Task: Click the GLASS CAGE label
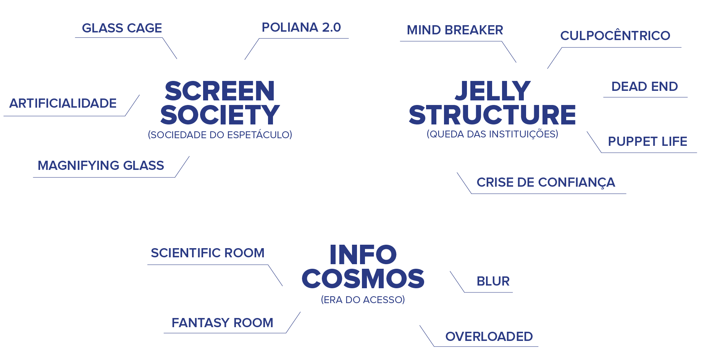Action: coord(122,28)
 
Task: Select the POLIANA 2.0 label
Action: coord(301,27)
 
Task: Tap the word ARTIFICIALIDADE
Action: coord(63,103)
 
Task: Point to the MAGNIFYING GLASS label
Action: coord(101,166)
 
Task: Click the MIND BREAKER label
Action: coord(455,30)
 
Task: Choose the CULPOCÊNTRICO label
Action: coord(615,36)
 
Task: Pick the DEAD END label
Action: coord(644,87)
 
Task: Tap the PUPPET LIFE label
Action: coord(647,142)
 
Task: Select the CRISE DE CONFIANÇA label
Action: coord(546,182)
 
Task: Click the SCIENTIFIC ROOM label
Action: coord(207,253)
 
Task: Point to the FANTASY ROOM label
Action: coord(222,323)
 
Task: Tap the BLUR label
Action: coord(493,281)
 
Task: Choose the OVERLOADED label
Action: coord(489,337)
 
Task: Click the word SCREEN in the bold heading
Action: coord(220,91)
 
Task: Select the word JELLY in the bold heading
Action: coord(492,91)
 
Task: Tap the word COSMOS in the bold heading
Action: coord(363,279)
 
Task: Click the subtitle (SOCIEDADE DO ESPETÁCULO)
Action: coord(220,135)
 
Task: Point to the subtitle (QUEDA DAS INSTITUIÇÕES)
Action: coord(492,134)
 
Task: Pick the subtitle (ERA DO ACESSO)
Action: coord(363,300)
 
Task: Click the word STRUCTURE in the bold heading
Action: coord(492,115)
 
